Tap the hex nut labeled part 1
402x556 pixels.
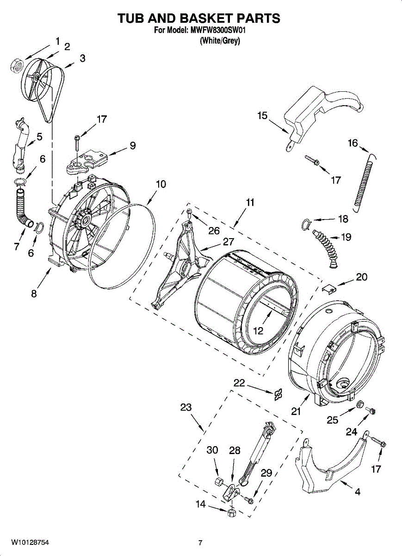pos(17,65)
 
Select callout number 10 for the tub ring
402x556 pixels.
pos(161,184)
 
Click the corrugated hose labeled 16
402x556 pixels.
pos(364,181)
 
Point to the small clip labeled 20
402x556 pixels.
pos(328,289)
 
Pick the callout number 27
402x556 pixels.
pos(228,241)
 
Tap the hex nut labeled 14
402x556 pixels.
pos(232,512)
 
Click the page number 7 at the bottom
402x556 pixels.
pos(200,543)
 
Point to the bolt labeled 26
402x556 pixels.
pos(190,213)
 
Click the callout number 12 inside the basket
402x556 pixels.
pos(258,331)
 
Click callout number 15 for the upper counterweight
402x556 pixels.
pos(262,115)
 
